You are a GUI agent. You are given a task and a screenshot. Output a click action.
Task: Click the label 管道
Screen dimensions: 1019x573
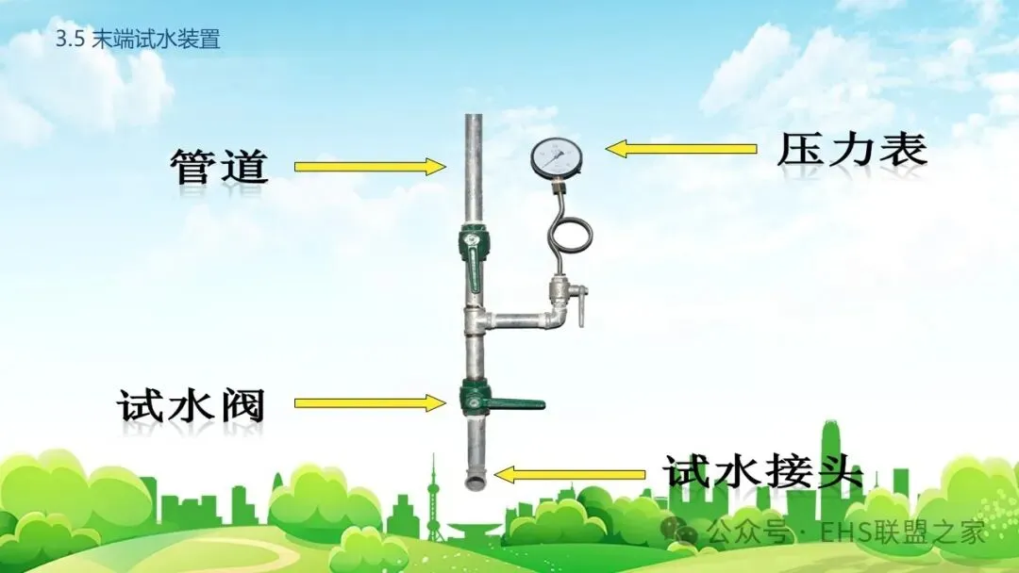[219, 167]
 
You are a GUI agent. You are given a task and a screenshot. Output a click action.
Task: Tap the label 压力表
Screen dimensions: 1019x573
[852, 150]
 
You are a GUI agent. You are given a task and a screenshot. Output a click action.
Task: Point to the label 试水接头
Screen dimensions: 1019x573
[763, 469]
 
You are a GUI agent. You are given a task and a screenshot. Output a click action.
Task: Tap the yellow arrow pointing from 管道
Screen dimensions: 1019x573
[369, 167]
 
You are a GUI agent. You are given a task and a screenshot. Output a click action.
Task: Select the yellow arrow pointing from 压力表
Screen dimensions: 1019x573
[680, 148]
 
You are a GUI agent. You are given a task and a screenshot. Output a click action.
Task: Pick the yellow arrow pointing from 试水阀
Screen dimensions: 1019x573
[369, 403]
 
